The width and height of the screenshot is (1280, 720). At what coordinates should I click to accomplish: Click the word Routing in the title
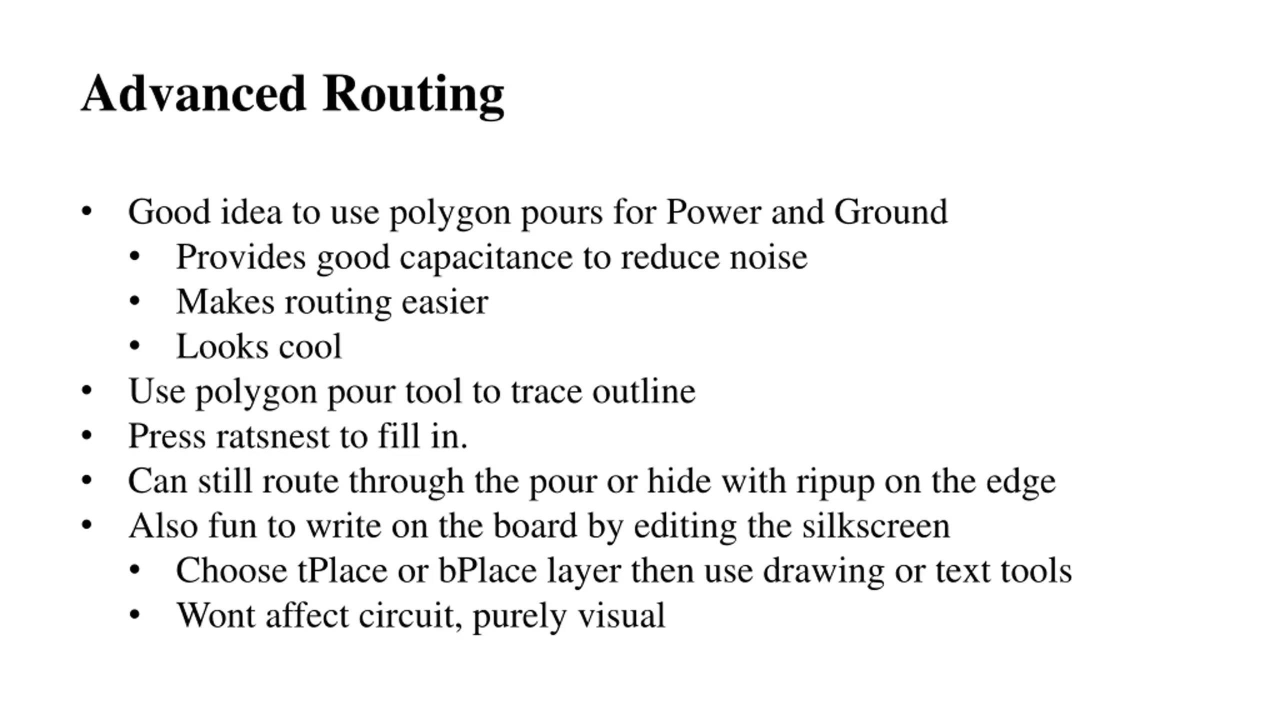(x=413, y=95)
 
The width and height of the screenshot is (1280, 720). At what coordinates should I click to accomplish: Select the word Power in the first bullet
(x=713, y=212)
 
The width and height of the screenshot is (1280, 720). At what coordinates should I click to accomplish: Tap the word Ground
(x=890, y=212)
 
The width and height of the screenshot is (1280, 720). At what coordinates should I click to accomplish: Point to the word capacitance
(x=485, y=257)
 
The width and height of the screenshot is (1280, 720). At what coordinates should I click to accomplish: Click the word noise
(x=768, y=257)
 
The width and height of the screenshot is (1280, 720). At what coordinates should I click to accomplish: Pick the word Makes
(x=225, y=302)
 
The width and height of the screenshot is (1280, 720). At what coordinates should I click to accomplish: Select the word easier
(x=444, y=302)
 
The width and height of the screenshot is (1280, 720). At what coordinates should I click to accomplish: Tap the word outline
(x=644, y=391)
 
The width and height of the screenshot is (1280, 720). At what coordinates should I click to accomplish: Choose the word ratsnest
(x=272, y=436)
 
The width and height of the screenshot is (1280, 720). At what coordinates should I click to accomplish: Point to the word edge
(x=1021, y=481)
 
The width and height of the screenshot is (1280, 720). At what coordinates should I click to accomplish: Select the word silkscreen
(x=876, y=526)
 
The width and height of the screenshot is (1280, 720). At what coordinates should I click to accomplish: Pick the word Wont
(x=216, y=615)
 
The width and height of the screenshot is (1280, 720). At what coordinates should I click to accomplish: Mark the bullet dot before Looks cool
(x=134, y=346)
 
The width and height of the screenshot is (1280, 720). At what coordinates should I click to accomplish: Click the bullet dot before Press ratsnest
(x=86, y=435)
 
